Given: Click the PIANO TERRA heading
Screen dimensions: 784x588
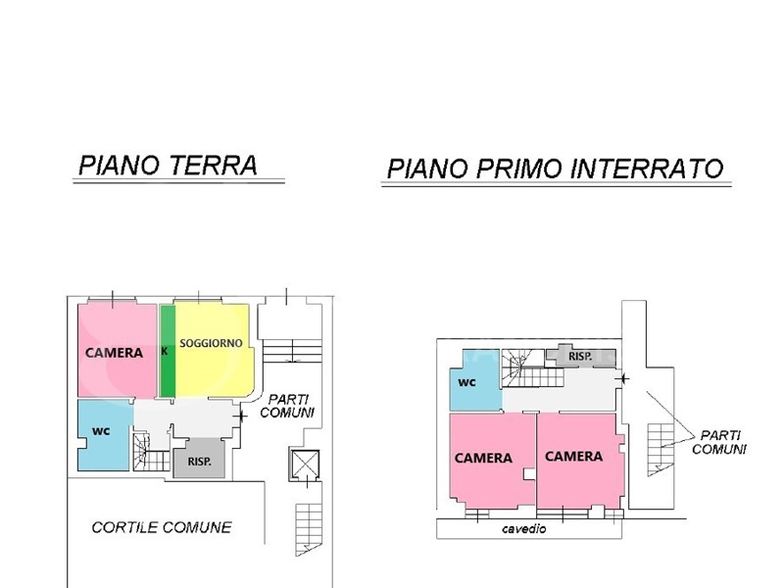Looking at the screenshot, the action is click(x=168, y=166).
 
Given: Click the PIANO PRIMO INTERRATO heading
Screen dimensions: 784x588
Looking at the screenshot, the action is click(x=556, y=169).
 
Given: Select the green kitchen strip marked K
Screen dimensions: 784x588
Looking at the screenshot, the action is click(x=168, y=351).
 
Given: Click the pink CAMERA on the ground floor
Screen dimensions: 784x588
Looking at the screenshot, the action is click(x=117, y=351).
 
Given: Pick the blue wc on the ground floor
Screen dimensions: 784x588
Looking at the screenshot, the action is click(x=104, y=434).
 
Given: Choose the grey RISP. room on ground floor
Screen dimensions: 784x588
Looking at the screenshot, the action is click(x=200, y=458).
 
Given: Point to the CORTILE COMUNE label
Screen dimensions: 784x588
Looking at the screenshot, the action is click(x=162, y=527).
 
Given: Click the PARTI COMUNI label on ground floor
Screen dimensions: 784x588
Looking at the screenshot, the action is click(x=287, y=406).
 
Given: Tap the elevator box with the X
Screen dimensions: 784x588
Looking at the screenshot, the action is click(x=305, y=465).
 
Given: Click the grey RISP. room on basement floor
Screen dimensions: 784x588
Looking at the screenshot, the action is click(x=580, y=357).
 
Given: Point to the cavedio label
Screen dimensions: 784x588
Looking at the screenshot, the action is click(x=524, y=529).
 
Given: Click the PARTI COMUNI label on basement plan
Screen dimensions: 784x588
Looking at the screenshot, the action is click(x=719, y=443).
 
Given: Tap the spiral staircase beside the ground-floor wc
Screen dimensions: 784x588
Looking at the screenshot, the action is click(x=142, y=452).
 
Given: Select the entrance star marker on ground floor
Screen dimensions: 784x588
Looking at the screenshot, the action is click(x=241, y=416).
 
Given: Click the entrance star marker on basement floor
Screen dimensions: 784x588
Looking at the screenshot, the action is click(x=623, y=378).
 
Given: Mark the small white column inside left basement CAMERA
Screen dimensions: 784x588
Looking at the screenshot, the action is click(x=528, y=474).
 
